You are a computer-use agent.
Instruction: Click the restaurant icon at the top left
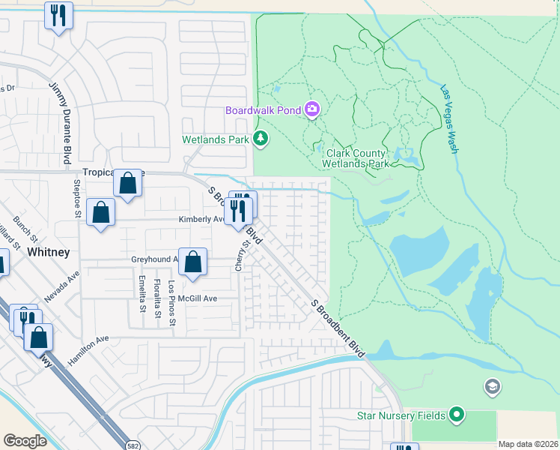[58, 15]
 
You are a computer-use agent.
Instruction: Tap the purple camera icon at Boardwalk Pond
[312, 110]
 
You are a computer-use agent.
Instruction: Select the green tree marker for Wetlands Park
[260, 138]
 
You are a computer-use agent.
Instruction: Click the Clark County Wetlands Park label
[356, 158]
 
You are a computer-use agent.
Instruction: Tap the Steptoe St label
[76, 196]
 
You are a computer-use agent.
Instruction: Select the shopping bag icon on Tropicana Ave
[127, 183]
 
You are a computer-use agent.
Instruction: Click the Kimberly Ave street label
[201, 220]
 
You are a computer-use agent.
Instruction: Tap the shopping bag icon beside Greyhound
[192, 262]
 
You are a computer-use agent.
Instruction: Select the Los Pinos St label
[171, 304]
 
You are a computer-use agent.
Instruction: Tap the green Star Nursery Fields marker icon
[457, 415]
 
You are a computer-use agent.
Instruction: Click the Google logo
[25, 441]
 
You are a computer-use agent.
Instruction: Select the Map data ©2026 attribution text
[529, 444]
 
